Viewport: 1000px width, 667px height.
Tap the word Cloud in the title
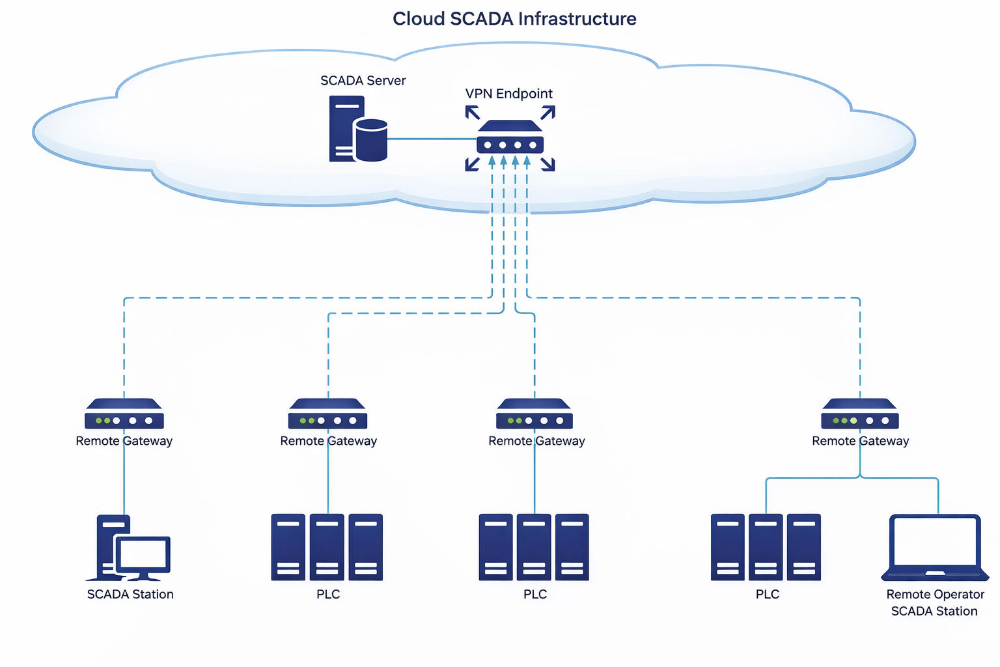pyautogui.click(x=419, y=19)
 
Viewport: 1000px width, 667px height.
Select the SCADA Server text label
pyautogui.click(x=363, y=81)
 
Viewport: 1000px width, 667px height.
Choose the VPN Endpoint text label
pyautogui.click(x=508, y=94)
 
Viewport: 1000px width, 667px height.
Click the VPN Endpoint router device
pyautogui.click(x=510, y=137)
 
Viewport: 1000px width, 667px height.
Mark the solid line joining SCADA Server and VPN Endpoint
pyautogui.click(x=432, y=139)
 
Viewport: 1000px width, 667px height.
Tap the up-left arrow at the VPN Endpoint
pyautogui.click(x=473, y=113)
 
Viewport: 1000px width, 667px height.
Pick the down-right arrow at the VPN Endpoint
pyautogui.click(x=548, y=164)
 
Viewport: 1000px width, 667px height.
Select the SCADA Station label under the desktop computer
pyautogui.click(x=130, y=594)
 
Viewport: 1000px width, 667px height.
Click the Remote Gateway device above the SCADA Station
pyautogui.click(x=124, y=414)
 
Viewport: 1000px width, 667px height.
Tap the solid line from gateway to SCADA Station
pyautogui.click(x=124, y=482)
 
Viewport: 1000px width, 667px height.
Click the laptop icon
pyautogui.click(x=935, y=547)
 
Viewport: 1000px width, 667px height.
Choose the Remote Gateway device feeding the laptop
pyautogui.click(x=860, y=414)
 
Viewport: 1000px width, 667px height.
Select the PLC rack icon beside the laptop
pyautogui.click(x=766, y=547)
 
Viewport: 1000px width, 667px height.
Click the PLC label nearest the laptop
pyautogui.click(x=767, y=594)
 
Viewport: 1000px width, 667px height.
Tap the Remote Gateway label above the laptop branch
pyautogui.click(x=860, y=441)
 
